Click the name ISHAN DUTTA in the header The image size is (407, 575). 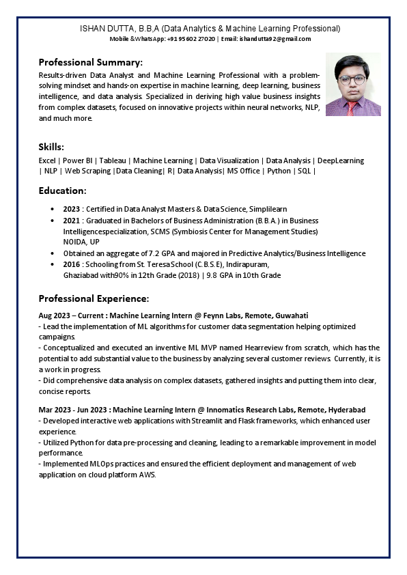107,29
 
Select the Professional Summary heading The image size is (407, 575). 90,61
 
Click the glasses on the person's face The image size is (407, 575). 352,79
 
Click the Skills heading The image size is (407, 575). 51,147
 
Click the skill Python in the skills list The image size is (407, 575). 279,171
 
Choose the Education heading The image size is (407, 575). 62,191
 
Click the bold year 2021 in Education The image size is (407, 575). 71,221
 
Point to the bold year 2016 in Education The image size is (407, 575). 71,264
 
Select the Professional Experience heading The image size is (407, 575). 94,298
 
